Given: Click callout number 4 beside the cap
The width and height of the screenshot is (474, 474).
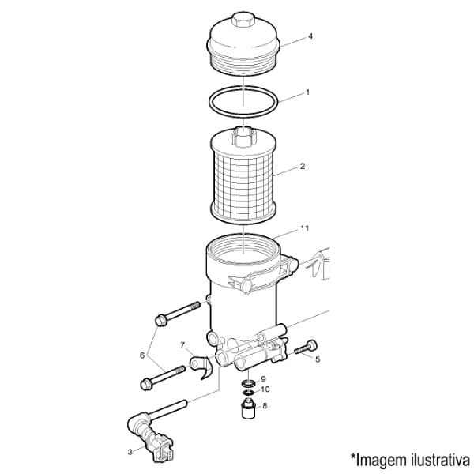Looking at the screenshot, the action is tap(310, 36).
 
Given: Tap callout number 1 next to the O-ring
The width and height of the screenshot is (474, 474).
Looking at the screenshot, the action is tap(308, 92).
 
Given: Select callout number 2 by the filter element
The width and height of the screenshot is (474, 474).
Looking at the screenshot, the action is tap(303, 166).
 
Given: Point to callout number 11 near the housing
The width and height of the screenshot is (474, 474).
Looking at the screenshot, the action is tap(305, 228).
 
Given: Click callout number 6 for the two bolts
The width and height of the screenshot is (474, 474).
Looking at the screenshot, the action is tap(142, 355).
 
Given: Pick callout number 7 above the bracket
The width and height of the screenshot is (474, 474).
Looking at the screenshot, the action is tap(182, 345).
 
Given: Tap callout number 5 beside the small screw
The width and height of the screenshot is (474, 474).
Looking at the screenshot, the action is tap(318, 359).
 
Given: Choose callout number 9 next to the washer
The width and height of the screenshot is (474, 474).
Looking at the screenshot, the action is tap(263, 379).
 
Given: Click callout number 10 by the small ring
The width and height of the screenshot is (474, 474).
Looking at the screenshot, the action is tap(265, 389).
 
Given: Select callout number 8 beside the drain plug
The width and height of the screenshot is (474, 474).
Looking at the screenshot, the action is tap(265, 406).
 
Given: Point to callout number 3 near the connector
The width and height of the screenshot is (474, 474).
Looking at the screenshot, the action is tap(130, 452).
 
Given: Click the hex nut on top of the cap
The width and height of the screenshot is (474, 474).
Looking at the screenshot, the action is tap(243, 20).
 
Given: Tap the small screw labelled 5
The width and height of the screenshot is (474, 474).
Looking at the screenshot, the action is tap(306, 348).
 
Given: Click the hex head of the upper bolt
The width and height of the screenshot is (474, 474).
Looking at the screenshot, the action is tap(160, 320).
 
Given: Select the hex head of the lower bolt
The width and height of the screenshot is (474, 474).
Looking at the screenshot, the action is tap(146, 384).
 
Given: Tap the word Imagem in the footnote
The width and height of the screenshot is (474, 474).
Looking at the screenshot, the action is tap(382, 461).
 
